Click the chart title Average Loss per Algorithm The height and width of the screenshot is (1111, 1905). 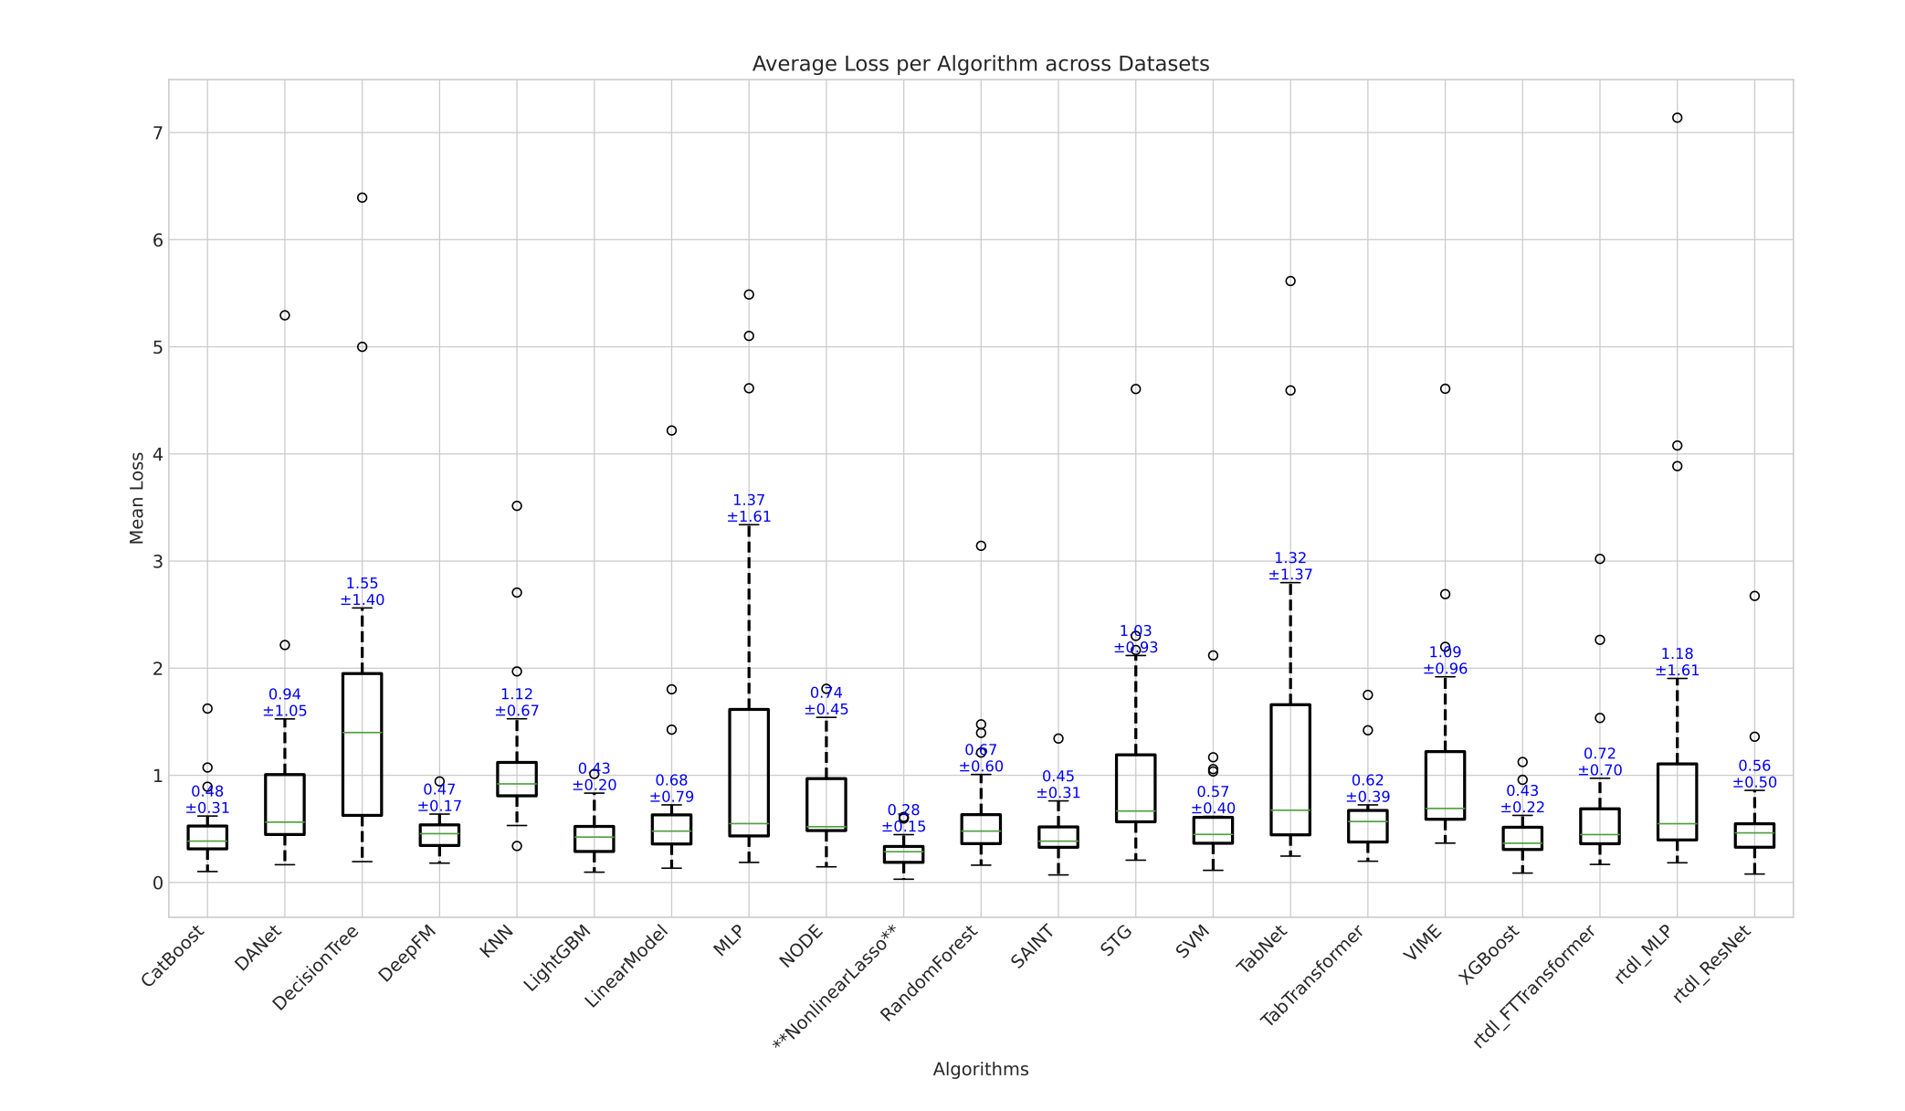pyautogui.click(x=980, y=64)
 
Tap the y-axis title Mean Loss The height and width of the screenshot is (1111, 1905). pyautogui.click(x=137, y=498)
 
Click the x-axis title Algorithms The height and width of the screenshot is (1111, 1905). pyautogui.click(x=980, y=1069)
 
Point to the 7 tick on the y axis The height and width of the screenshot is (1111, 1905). pyautogui.click(x=158, y=133)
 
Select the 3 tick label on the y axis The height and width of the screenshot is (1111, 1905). pyautogui.click(x=158, y=562)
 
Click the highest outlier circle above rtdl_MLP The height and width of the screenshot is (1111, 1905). pyautogui.click(x=1677, y=118)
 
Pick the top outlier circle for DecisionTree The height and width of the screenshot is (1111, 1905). pyautogui.click(x=362, y=197)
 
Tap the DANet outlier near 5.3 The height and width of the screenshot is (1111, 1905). pyautogui.click(x=285, y=315)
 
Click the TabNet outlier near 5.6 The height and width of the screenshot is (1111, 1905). pyautogui.click(x=1290, y=281)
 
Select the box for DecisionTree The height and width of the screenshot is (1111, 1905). pyautogui.click(x=362, y=744)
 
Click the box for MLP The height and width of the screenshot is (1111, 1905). pyautogui.click(x=749, y=772)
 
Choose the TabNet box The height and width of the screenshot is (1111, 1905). pyautogui.click(x=1290, y=769)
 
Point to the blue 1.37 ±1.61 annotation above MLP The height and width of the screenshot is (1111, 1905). pyautogui.click(x=749, y=509)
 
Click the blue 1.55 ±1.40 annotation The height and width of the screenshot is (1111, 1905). pyautogui.click(x=362, y=592)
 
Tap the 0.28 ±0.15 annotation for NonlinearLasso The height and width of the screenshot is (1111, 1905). pyautogui.click(x=903, y=819)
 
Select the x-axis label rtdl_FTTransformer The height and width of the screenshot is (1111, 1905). pyautogui.click(x=1538, y=987)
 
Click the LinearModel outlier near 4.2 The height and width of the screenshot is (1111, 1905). pyautogui.click(x=671, y=430)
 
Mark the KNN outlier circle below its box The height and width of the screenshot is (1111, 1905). pyautogui.click(x=517, y=846)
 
